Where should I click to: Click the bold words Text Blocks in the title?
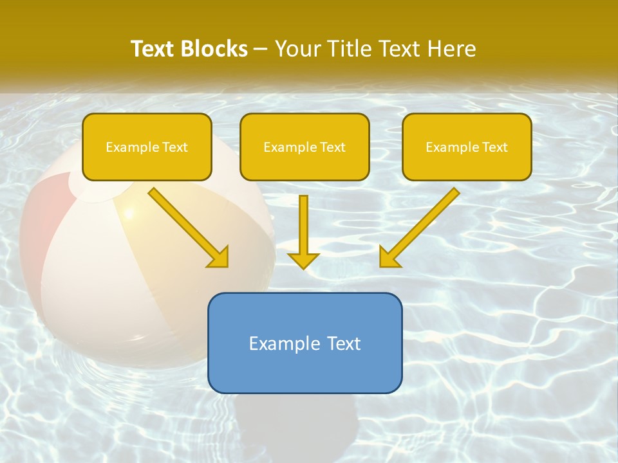tap(189, 49)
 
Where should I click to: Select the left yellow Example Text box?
tap(147, 147)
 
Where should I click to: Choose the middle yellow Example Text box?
tap(304, 147)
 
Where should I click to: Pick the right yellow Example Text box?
tap(467, 147)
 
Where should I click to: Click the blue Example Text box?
tap(304, 343)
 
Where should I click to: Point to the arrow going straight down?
tap(303, 225)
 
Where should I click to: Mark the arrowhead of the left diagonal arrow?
tap(218, 257)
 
